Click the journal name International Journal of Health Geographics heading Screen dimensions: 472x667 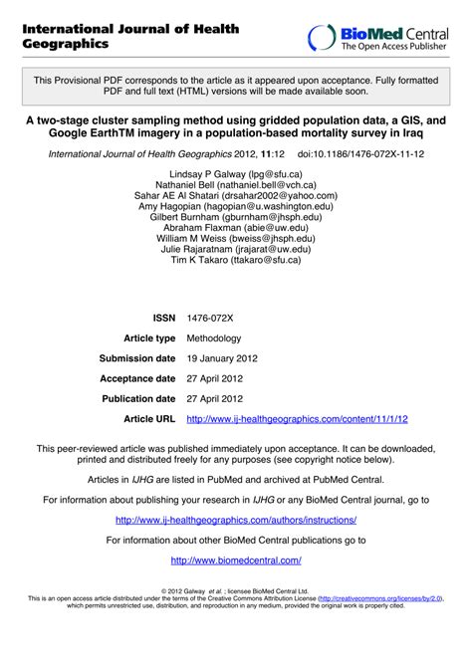(130, 37)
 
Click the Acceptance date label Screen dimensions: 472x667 (137, 378)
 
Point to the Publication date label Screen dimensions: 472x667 (137, 398)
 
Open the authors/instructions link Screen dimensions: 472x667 (236, 520)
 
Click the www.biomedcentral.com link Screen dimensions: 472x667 (236, 560)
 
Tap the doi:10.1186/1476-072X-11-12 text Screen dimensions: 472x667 (361, 155)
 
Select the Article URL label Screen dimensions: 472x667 (149, 419)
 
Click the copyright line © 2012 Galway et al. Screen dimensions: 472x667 (235, 590)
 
